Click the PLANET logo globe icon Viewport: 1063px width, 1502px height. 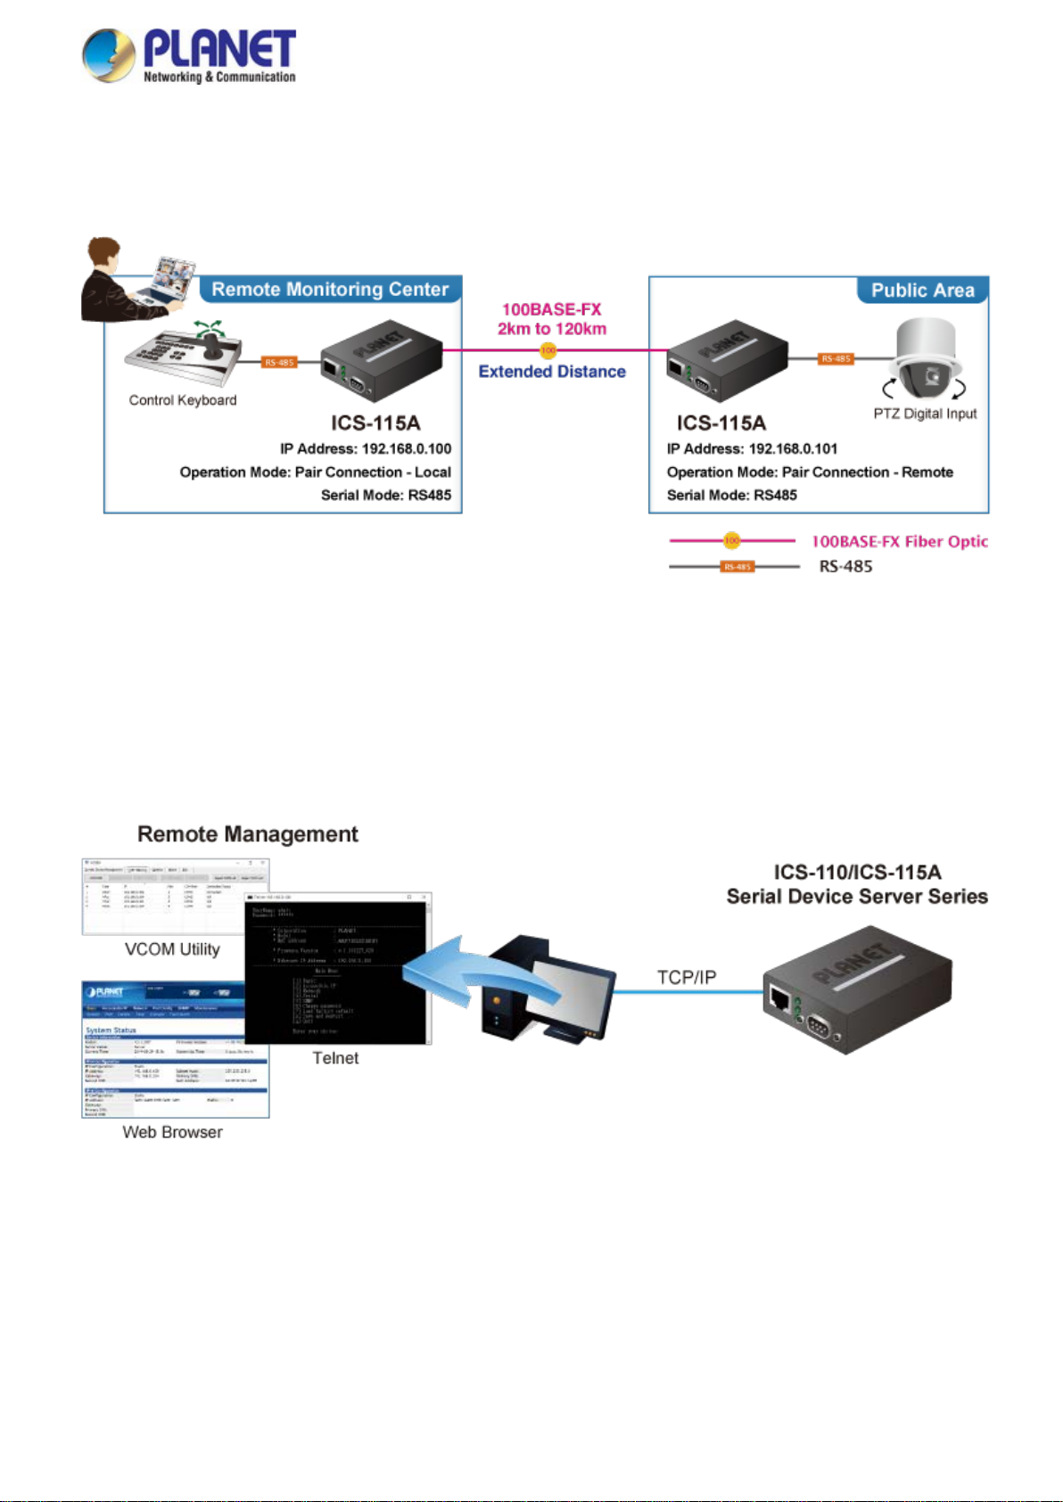click(x=109, y=55)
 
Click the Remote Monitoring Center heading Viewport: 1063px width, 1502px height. click(x=330, y=290)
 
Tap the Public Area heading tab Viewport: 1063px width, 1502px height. click(x=922, y=291)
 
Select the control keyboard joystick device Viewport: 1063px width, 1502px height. click(x=185, y=358)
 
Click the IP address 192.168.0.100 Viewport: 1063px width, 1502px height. click(x=406, y=448)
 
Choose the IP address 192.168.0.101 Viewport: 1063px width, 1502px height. click(x=793, y=448)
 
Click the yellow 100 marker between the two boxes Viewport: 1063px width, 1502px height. click(x=548, y=350)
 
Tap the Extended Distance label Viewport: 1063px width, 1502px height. click(x=552, y=372)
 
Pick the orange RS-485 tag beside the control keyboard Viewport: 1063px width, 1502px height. click(x=279, y=362)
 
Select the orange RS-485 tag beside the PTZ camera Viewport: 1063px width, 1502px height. click(x=836, y=358)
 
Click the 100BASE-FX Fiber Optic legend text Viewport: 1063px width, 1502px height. click(x=899, y=541)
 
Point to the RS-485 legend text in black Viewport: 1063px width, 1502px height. click(x=845, y=566)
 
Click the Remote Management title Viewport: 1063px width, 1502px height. click(x=248, y=834)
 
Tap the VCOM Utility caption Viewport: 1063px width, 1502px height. click(x=172, y=949)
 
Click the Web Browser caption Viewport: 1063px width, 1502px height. click(x=172, y=1132)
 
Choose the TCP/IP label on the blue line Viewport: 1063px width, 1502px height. click(x=686, y=977)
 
